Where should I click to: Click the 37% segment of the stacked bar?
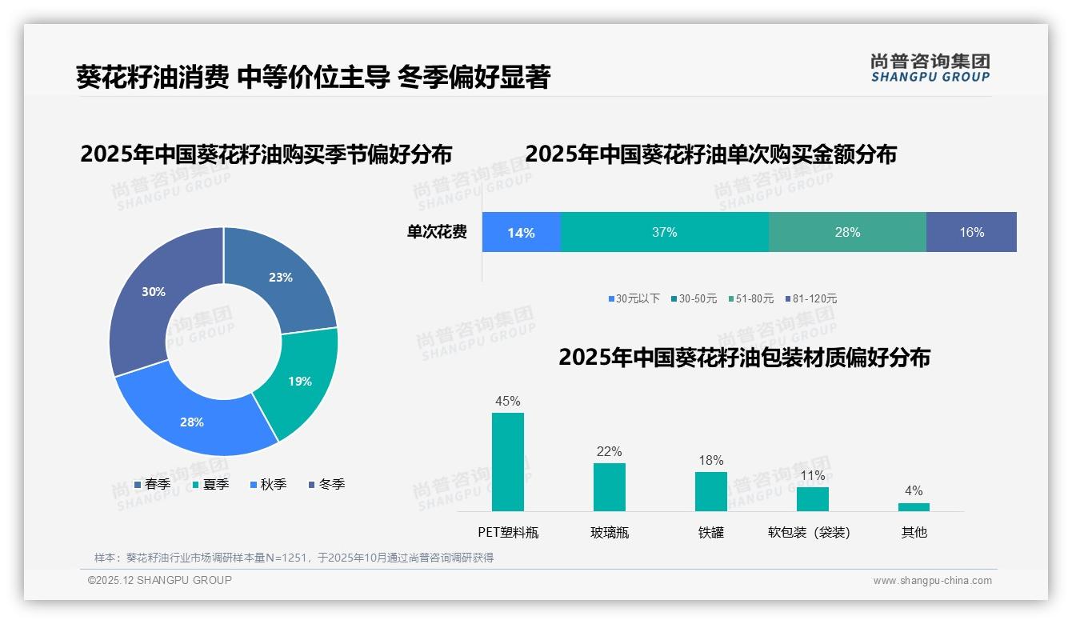click(x=664, y=232)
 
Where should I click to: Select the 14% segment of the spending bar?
click(x=521, y=232)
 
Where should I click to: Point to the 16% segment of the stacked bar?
click(x=971, y=232)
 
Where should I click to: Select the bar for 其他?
click(x=914, y=506)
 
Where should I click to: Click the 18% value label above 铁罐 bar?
click(x=710, y=460)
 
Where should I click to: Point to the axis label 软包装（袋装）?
click(x=809, y=532)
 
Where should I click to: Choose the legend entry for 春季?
click(x=152, y=484)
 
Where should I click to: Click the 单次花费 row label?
click(x=437, y=232)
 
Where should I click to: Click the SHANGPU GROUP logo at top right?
click(x=930, y=67)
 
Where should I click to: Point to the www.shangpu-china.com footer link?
click(x=932, y=581)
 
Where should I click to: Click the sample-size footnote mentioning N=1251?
click(x=294, y=558)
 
